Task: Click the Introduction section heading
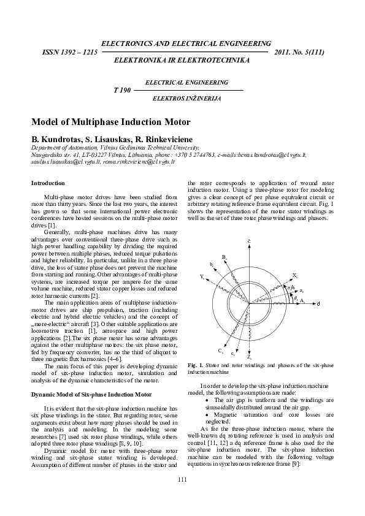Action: point(48,183)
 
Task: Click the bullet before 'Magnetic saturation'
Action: point(209,415)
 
